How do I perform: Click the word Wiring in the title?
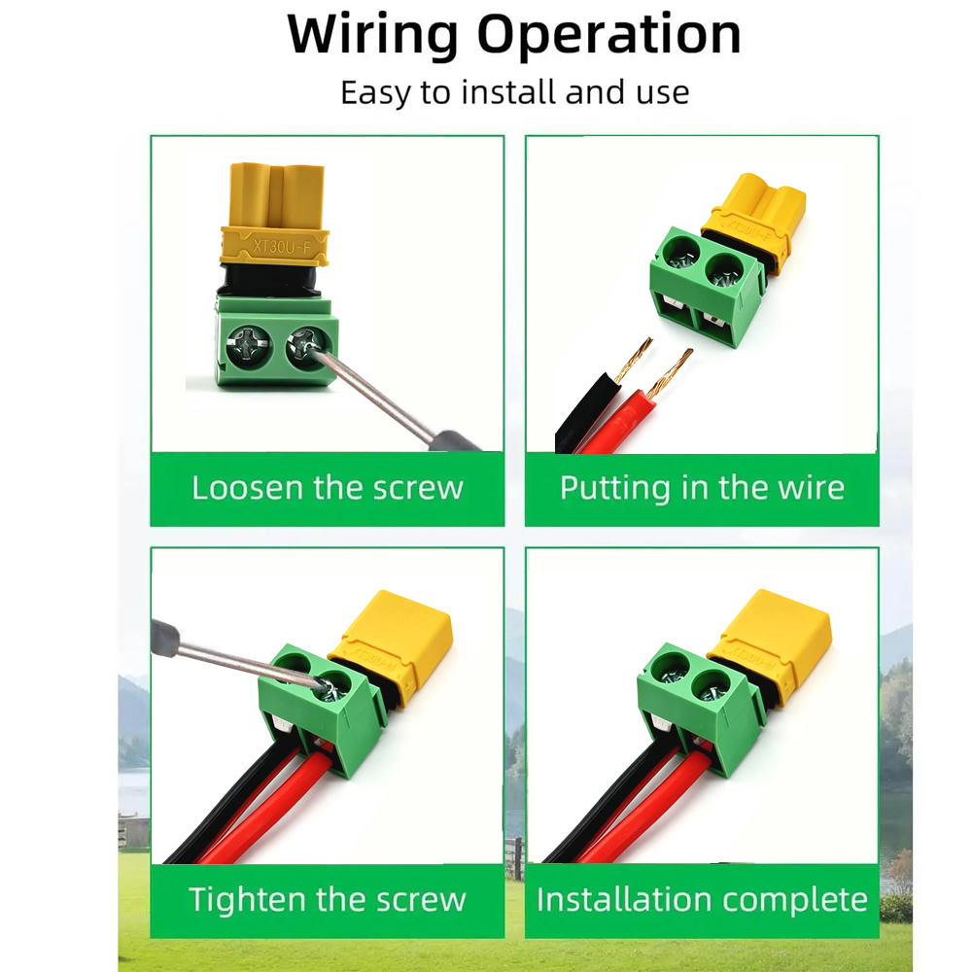point(372,35)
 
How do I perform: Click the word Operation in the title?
point(608,35)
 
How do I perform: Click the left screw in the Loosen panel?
point(249,347)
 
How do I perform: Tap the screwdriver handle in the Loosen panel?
point(453,440)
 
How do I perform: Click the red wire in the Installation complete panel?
point(644,812)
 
